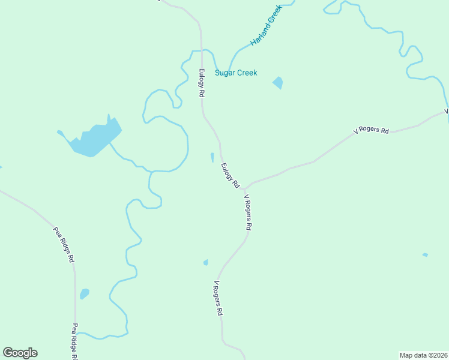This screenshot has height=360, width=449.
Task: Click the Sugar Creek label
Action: click(236, 73)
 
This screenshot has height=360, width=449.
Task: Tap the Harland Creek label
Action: click(265, 27)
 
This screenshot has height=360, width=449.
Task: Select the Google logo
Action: click(20, 353)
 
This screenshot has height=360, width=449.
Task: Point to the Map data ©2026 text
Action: click(423, 355)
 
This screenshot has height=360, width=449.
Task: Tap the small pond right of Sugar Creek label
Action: click(278, 83)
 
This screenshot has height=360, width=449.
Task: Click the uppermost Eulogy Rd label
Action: click(202, 83)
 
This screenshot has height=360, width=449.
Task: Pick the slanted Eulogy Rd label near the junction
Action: click(230, 176)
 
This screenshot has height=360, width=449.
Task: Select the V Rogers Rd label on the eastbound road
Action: click(371, 130)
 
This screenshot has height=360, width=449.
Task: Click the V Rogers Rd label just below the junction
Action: click(248, 212)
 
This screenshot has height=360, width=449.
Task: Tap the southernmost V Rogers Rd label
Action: click(218, 298)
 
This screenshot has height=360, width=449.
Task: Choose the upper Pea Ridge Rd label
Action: click(63, 245)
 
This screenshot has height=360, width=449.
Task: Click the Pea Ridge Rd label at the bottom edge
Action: click(75, 341)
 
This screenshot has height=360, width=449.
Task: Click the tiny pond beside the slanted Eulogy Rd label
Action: click(212, 157)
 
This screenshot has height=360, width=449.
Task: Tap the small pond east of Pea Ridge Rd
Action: click(85, 293)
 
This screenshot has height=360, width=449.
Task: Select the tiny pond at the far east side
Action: click(425, 255)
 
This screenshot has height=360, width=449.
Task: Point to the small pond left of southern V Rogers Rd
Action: click(205, 262)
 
